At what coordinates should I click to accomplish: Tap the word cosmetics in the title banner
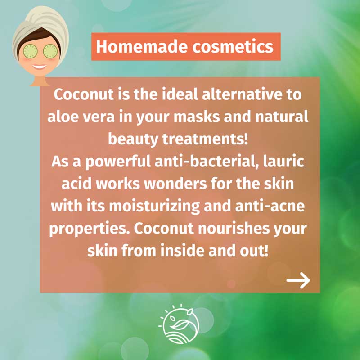click(233, 47)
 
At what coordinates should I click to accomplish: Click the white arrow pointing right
click(298, 280)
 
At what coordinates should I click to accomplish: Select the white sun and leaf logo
click(179, 324)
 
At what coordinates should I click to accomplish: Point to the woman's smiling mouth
click(40, 67)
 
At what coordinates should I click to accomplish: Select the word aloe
click(63, 117)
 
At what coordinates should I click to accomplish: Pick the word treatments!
click(205, 139)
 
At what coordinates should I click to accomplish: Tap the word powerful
click(118, 162)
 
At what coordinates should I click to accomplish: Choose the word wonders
click(175, 184)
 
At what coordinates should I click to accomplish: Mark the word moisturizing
click(154, 207)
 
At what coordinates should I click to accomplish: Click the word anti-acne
click(270, 206)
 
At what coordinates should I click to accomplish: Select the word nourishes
click(234, 229)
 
